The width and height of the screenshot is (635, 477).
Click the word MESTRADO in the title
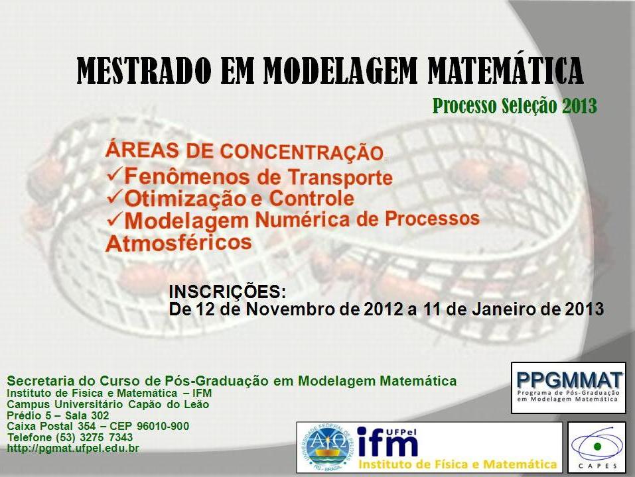[x=145, y=70]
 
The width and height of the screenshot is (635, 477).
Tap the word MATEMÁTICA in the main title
[x=506, y=70]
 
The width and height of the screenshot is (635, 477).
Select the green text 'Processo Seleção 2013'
[x=515, y=106]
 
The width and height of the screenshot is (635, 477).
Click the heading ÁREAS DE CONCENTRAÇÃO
[x=244, y=151]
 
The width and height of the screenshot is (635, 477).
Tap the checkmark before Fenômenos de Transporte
[x=114, y=175]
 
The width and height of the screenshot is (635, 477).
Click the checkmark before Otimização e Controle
[x=114, y=197]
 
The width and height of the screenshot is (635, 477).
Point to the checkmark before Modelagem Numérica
[x=114, y=219]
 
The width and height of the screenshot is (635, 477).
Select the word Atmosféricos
[x=178, y=243]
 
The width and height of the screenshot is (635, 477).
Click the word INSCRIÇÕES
[x=227, y=292]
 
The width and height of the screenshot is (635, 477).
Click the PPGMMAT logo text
[x=569, y=380]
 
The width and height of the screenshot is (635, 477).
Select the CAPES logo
[x=597, y=447]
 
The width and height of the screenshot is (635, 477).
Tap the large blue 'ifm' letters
[x=387, y=443]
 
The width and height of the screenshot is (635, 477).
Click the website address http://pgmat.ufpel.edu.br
[x=73, y=449]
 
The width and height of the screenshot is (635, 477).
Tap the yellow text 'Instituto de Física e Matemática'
[x=458, y=464]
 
